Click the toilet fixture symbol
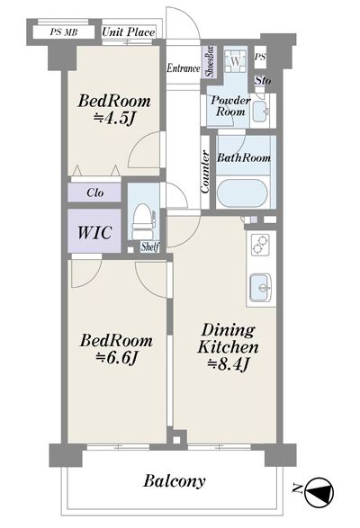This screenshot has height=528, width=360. point(144,221)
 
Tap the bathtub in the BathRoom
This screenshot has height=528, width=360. point(242,193)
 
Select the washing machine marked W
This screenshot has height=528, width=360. point(237,61)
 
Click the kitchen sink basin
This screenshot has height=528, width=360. point(260,287)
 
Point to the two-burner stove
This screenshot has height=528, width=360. point(261,244)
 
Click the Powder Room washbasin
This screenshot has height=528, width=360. point(261,112)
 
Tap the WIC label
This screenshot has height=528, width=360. point(94,232)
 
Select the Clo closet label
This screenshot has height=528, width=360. point(95,193)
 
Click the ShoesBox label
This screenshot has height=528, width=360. point(210,62)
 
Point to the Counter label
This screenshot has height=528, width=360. point(204,172)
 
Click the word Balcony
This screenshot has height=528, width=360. point(175,481)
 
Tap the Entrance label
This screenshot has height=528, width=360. point(184,68)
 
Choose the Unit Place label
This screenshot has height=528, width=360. point(129,32)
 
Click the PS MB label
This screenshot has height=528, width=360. point(64,32)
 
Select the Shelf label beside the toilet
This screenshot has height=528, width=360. point(150,246)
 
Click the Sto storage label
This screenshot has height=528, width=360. point(263,80)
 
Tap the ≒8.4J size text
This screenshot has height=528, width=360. point(229,363)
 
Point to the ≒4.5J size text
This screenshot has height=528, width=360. point(114,118)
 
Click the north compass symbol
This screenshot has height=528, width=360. point(319,492)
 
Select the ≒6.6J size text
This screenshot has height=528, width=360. point(116,358)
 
